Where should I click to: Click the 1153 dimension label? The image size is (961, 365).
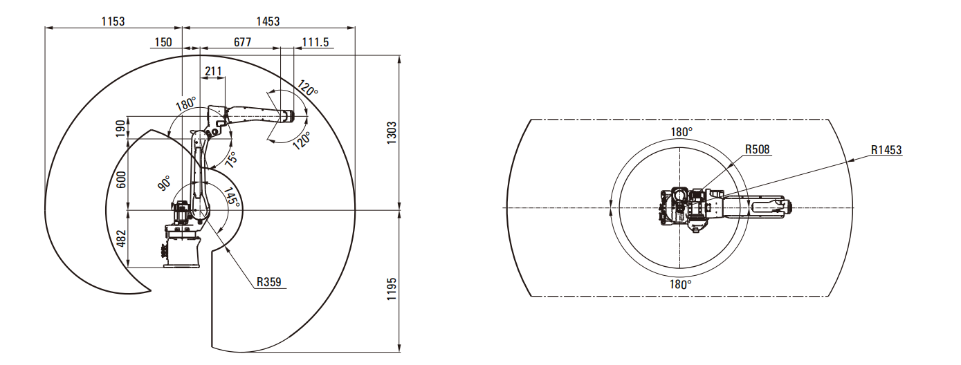click(x=113, y=21)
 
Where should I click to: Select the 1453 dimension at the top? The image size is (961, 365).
click(x=268, y=21)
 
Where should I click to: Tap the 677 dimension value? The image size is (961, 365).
click(x=242, y=42)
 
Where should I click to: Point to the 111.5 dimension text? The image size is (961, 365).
click(x=315, y=42)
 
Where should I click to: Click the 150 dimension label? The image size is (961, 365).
click(x=163, y=42)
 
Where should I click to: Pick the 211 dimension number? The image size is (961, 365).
click(x=213, y=71)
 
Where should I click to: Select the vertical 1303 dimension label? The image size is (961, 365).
click(x=392, y=133)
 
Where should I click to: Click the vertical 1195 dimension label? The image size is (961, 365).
click(x=392, y=289)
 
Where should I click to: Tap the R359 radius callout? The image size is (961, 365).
click(x=269, y=282)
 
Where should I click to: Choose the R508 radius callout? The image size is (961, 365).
click(x=757, y=149)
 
